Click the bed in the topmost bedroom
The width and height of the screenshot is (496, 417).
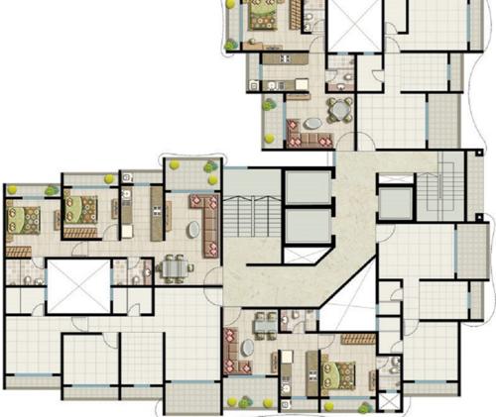click(265, 17)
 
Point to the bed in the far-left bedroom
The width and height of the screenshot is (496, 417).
click(21, 220)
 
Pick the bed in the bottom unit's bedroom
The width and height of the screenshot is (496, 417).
click(342, 374)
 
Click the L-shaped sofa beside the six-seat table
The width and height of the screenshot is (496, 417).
click(207, 223)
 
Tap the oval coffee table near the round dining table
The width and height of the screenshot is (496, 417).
click(312, 124)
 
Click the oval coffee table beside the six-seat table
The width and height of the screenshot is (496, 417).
click(192, 229)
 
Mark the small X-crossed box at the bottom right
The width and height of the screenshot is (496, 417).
click(388, 401)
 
